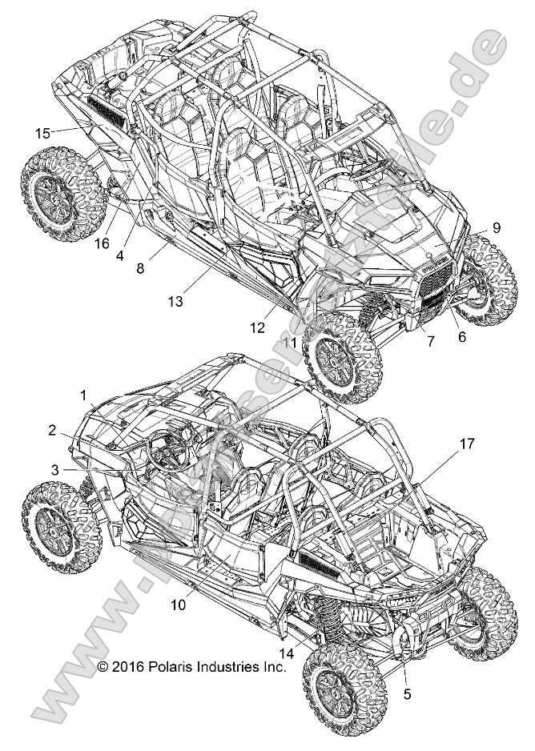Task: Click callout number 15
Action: coord(42,132)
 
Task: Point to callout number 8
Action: coord(141,269)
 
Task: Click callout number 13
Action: coord(176,301)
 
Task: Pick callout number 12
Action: coord(258,327)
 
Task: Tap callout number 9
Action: coord(497,227)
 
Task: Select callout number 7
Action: coord(430,341)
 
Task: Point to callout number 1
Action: coord(82,395)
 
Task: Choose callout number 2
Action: coord(52,430)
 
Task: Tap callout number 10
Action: coord(178,605)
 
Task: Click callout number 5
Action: coord(407,694)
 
